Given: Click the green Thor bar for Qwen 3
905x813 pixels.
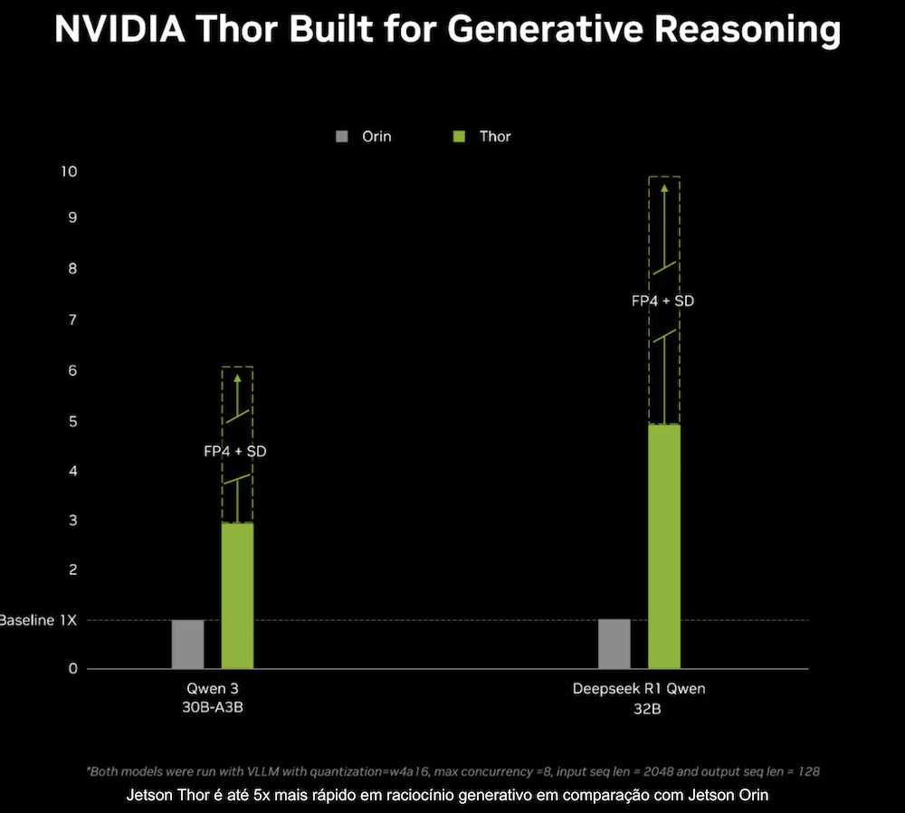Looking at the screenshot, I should click(x=237, y=596).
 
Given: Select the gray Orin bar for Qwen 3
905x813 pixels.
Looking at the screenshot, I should click(x=187, y=644).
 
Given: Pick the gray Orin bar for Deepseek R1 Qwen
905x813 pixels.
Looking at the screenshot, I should click(x=614, y=644).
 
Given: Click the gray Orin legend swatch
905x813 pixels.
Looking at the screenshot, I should click(x=341, y=137).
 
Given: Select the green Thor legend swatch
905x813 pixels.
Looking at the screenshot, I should click(x=459, y=137).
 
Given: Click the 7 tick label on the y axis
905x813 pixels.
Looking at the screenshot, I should click(x=72, y=320).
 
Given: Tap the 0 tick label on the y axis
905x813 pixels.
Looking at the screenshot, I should click(x=72, y=668).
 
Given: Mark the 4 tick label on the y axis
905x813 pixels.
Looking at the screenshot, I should click(x=72, y=471).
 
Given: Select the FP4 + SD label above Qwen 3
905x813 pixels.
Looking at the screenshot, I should click(x=235, y=450).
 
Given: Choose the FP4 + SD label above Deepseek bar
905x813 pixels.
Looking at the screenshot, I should click(x=662, y=300).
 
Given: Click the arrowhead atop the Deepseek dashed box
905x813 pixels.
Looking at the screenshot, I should click(x=664, y=189).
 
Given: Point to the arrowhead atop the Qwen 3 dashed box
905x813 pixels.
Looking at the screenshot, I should click(x=237, y=378).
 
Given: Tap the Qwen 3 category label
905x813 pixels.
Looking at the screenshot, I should click(x=213, y=689).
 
